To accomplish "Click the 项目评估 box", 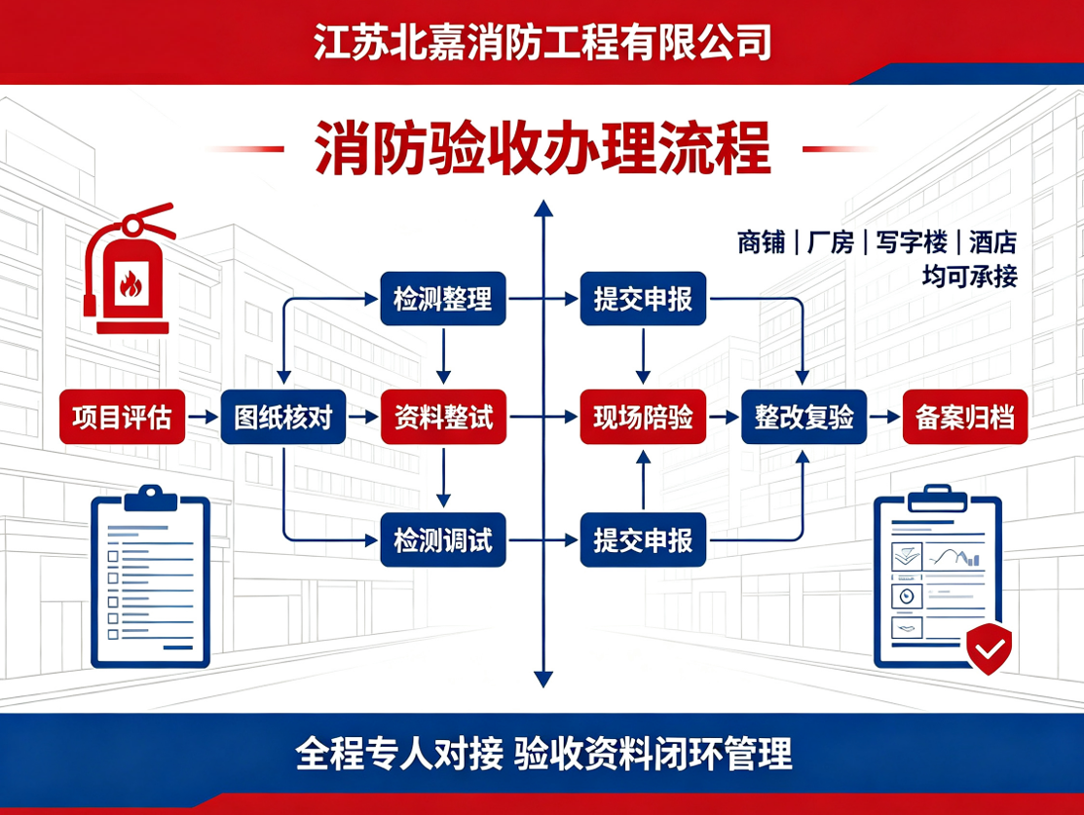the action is [x=123, y=417].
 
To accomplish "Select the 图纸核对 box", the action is [x=283, y=417].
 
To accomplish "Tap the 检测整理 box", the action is [x=443, y=299].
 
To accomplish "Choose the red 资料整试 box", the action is [x=443, y=417].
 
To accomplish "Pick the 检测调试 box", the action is [x=443, y=539].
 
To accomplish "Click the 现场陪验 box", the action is [x=643, y=417].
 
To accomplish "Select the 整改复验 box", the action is [x=804, y=417].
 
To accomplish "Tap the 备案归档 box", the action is [x=965, y=417].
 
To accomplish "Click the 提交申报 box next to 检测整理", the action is [x=643, y=299].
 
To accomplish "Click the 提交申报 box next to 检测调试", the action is [x=643, y=539].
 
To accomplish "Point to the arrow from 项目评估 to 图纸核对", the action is [x=204, y=417].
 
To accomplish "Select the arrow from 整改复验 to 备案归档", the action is [x=885, y=417].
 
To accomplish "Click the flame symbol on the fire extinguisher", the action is [x=131, y=282].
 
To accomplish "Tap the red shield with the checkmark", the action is [x=990, y=648].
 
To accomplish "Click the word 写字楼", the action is [x=912, y=241].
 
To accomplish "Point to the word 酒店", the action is [x=992, y=241].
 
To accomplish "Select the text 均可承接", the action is [x=970, y=277].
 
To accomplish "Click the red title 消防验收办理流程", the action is [x=542, y=148].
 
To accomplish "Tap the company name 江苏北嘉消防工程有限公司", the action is [x=542, y=42].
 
